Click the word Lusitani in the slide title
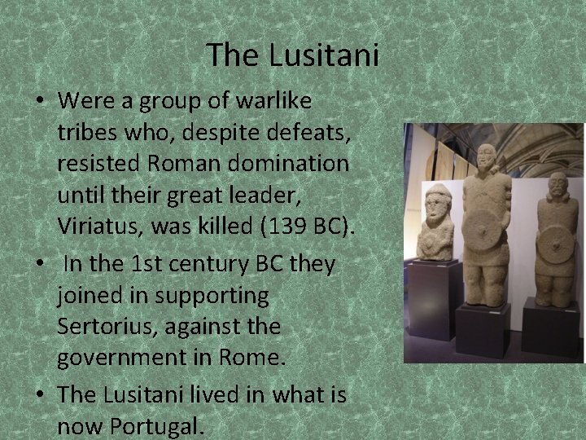[x=334, y=55]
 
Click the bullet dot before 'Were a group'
[x=39, y=103]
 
